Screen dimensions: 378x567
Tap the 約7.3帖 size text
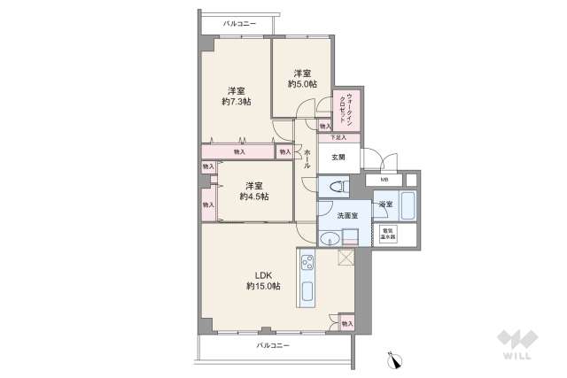click(236, 102)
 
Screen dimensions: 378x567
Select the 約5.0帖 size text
click(301, 85)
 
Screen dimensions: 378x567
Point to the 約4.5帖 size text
click(254, 197)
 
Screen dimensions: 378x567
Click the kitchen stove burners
click(307, 263)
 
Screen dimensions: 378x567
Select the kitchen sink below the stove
click(307, 291)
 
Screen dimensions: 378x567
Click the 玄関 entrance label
click(338, 157)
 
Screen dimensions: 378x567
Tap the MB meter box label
click(384, 181)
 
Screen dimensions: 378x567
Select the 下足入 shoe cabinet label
click(339, 137)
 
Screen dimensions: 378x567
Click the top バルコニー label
click(240, 22)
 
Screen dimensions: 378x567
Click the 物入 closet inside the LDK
click(346, 324)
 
